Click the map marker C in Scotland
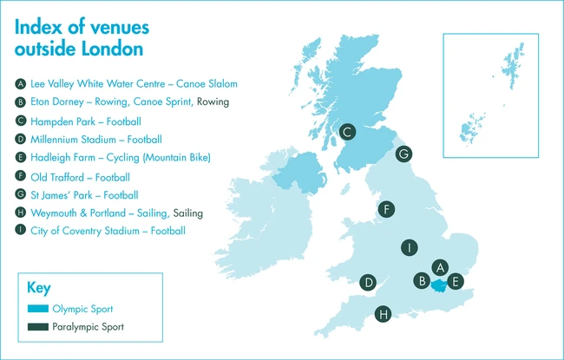pos(347,132)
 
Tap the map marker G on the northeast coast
pos(403,154)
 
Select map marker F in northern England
pos(387,209)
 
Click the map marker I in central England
pos(407,248)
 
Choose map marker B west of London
pos(423,281)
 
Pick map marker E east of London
pos(457,281)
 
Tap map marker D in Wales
pos(369,282)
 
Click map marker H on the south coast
pos(383,314)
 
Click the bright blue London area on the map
pos(440,284)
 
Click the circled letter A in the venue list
pos(21,84)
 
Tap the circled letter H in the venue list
pos(21,213)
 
